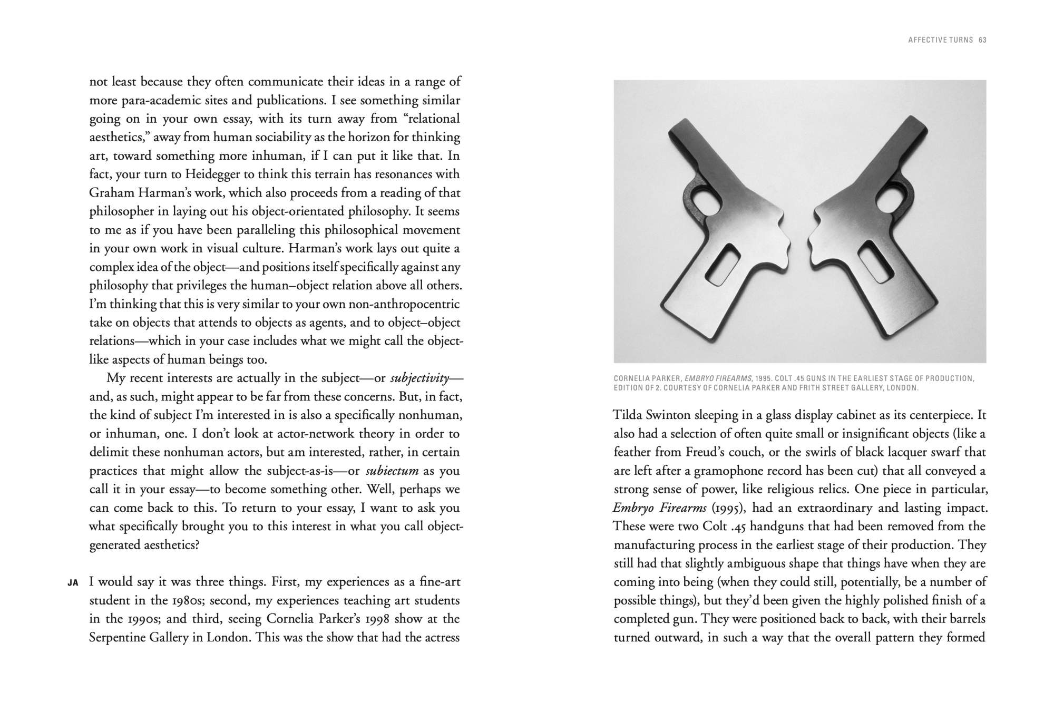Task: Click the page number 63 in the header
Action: (x=982, y=40)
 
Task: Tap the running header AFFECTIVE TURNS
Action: (x=940, y=40)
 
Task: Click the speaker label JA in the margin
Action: (x=73, y=583)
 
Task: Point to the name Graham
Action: (x=109, y=193)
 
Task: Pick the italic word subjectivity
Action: (x=419, y=378)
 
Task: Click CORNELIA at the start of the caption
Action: (x=631, y=378)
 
